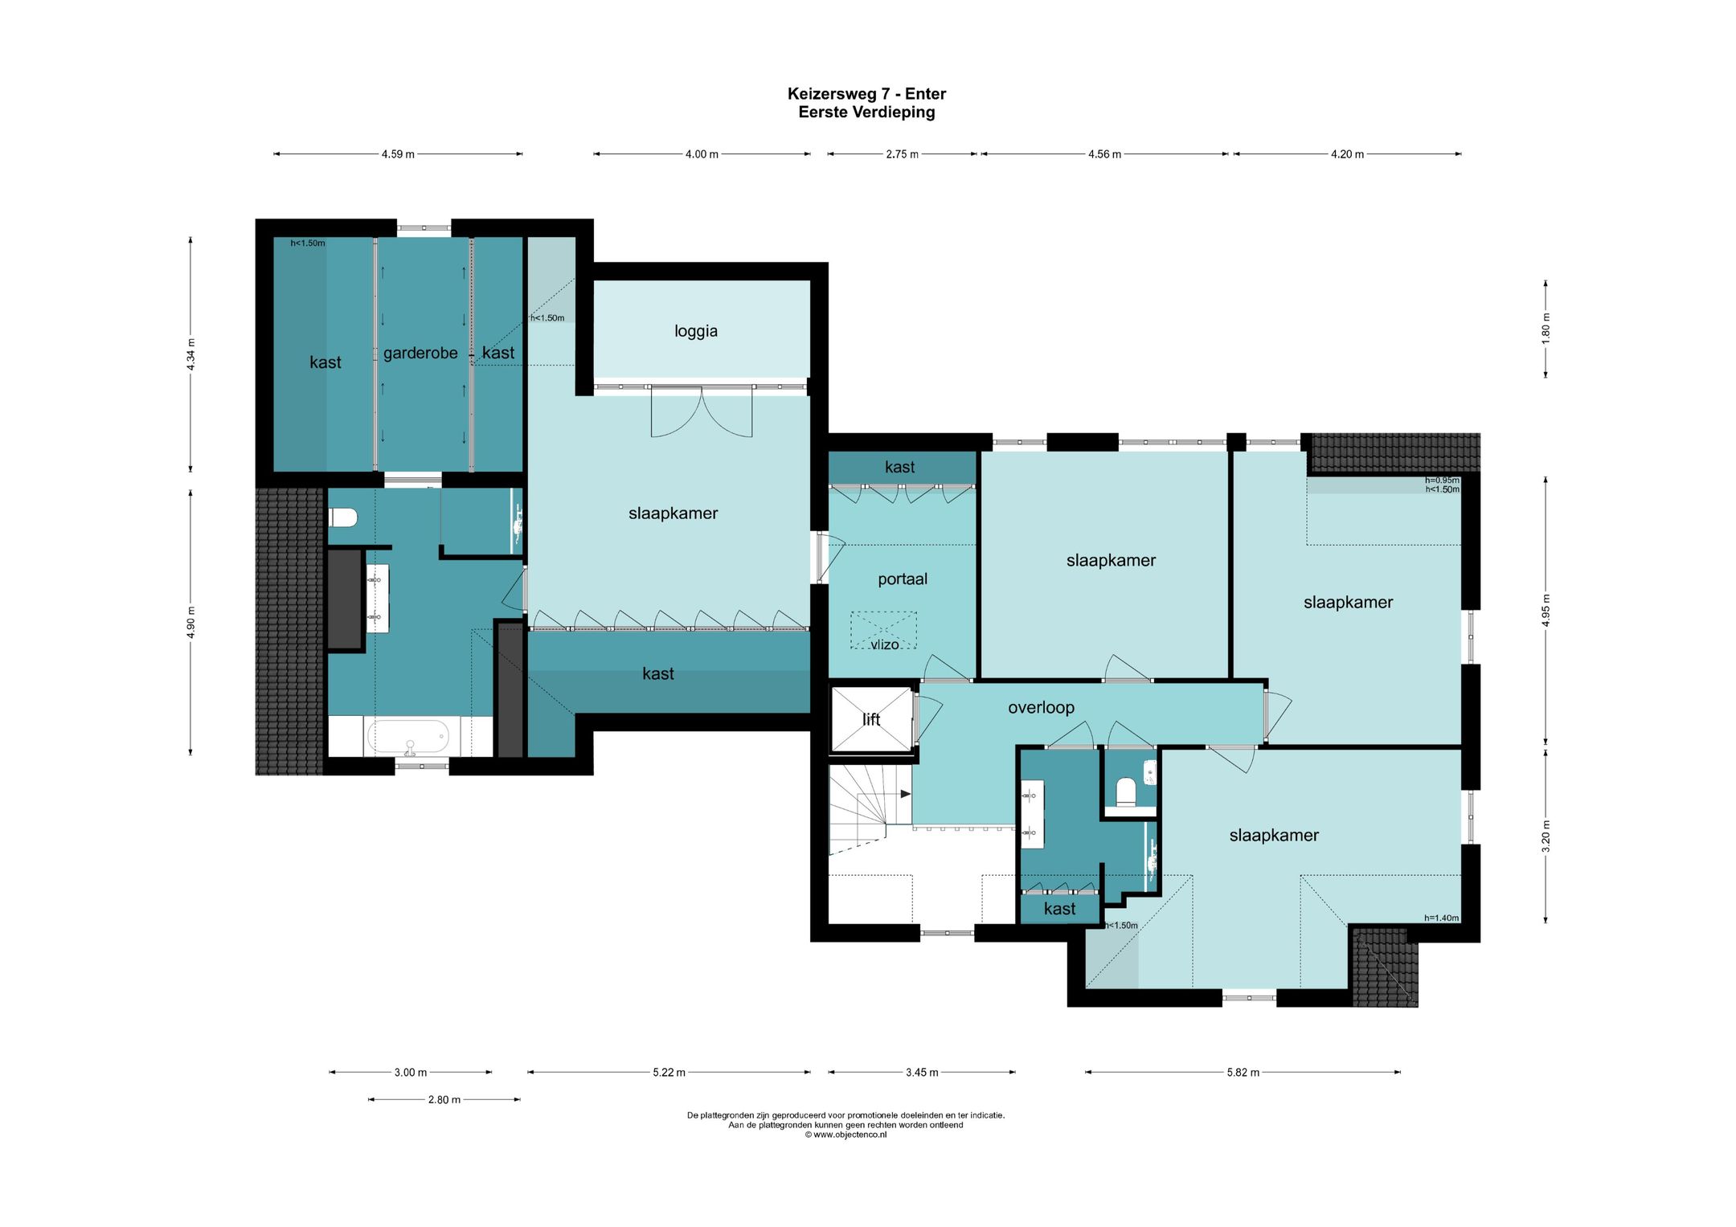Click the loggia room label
696,331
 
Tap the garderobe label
420,353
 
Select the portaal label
903,579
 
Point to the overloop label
1041,707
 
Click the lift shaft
872,719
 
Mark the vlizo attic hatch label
884,644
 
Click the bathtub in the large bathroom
408,736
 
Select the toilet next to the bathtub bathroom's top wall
343,517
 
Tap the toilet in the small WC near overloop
1126,791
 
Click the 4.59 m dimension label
398,154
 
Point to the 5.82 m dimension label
1243,1072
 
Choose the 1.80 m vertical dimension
1546,328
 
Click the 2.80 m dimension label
444,1099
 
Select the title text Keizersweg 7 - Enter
866,94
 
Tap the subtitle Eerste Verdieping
866,112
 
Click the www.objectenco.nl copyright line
845,1135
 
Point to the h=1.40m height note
1441,918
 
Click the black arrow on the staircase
906,794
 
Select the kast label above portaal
899,467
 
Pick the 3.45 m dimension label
922,1072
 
